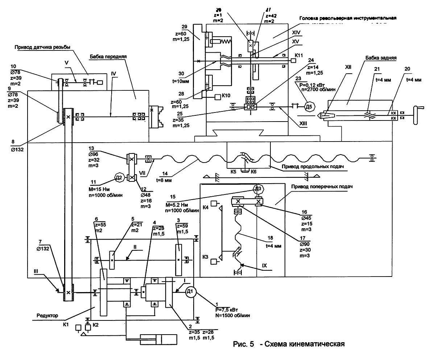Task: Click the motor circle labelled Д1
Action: (191, 292)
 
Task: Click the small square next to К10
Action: (217, 97)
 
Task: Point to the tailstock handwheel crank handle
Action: (420, 109)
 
